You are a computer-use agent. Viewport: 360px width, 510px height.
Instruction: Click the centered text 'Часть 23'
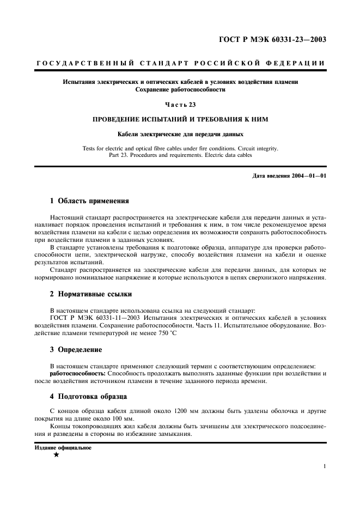[180, 104]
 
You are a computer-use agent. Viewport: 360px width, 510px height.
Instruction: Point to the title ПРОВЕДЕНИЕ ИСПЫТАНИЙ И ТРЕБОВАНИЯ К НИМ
[180, 119]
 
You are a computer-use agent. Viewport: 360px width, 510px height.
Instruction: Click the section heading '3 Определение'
[76, 349]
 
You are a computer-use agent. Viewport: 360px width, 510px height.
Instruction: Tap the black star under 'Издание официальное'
[56, 455]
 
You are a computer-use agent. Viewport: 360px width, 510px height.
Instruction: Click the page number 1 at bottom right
[325, 466]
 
